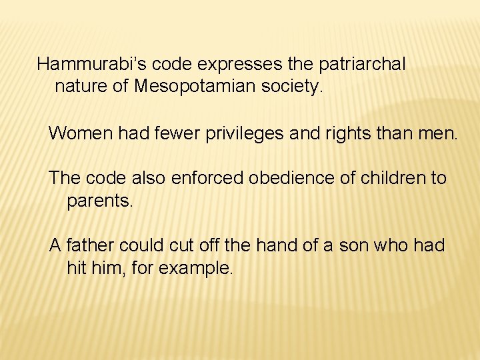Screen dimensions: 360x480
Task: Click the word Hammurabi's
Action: [91, 65]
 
